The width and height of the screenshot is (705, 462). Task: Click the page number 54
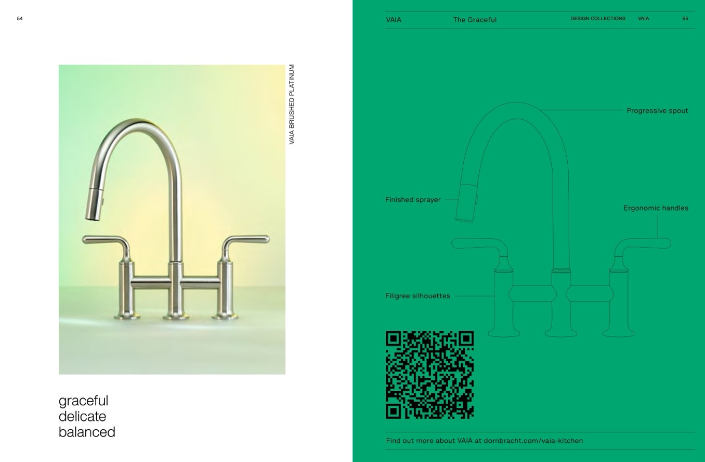pyautogui.click(x=20, y=19)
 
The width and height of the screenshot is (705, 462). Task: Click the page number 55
pyautogui.click(x=685, y=19)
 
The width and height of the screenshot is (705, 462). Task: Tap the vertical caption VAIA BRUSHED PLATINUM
pyautogui.click(x=292, y=105)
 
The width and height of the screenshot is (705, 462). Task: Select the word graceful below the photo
pyautogui.click(x=83, y=401)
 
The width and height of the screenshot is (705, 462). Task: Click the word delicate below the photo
pyautogui.click(x=83, y=416)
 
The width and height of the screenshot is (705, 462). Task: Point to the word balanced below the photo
pyautogui.click(x=87, y=432)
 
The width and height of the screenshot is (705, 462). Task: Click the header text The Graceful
pyautogui.click(x=475, y=20)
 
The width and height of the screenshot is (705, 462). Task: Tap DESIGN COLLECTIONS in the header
pyautogui.click(x=598, y=19)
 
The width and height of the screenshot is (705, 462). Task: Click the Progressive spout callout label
pyautogui.click(x=657, y=111)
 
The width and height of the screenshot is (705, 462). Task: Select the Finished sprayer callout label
pyautogui.click(x=413, y=200)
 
